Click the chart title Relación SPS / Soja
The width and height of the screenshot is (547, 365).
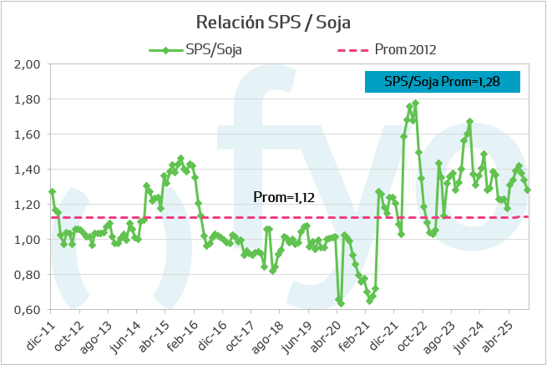272,21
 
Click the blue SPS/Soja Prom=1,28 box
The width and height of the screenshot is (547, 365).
443,82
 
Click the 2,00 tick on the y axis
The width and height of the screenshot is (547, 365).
28,64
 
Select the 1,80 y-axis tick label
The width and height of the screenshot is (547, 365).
28,99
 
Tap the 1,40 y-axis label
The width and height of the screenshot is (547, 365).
28,170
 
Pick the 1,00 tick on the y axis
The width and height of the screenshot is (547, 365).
28,240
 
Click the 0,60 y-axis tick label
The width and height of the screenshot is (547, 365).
28,310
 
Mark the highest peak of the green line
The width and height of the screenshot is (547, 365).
415,104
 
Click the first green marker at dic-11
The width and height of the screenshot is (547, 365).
52,191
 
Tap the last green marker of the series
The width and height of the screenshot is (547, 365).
527,190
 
